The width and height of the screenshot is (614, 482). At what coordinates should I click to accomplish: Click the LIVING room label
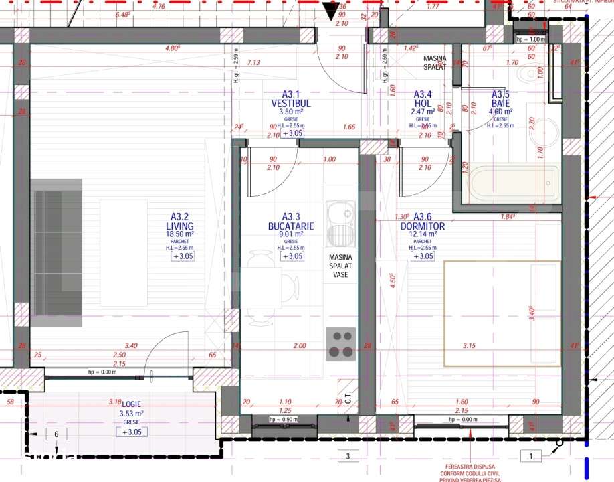(x=180, y=226)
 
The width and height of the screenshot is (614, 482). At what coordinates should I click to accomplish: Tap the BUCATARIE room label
(x=290, y=226)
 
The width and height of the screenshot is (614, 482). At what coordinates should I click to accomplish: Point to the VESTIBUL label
(x=291, y=104)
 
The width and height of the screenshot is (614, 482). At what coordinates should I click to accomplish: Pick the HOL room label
(x=422, y=104)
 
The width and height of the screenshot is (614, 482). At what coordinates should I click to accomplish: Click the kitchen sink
(x=341, y=224)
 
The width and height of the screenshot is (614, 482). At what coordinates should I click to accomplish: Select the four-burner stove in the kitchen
(x=341, y=344)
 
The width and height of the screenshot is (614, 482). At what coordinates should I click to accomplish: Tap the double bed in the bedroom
(x=502, y=313)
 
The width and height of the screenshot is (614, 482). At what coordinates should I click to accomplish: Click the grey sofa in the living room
(x=57, y=248)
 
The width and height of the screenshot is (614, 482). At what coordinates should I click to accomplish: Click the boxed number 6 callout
(x=57, y=434)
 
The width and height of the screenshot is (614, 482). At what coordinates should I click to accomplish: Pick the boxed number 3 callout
(x=348, y=457)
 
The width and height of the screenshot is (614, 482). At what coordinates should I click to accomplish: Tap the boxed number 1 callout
(x=530, y=457)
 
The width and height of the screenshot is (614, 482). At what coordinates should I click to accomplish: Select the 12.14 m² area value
(x=423, y=235)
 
